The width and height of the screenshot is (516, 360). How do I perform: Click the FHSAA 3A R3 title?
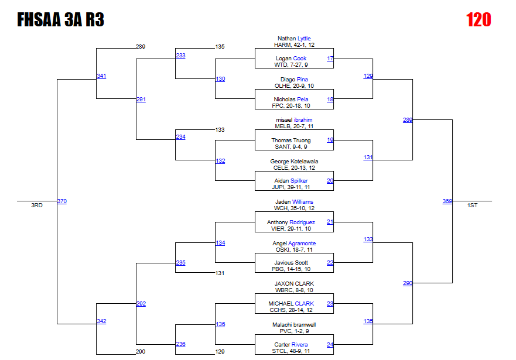coord(60,20)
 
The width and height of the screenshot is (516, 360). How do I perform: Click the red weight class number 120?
coord(479,20)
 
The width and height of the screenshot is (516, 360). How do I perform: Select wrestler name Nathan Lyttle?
coord(294,39)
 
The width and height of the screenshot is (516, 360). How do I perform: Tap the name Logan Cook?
coord(291,59)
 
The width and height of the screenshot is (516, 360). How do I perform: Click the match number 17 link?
coord(330,59)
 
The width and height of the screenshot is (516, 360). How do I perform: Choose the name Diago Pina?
coord(294,79)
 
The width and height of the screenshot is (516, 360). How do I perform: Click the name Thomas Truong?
coord(291,140)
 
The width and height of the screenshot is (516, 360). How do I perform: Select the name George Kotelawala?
coord(294,161)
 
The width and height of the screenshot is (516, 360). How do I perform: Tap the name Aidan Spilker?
coord(291,181)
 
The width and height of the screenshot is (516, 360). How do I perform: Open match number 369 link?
coord(447,201)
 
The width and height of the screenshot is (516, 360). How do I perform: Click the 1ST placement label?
coord(473,205)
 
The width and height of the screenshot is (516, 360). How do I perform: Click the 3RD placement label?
coord(37,205)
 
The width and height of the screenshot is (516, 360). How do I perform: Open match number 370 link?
coord(62,201)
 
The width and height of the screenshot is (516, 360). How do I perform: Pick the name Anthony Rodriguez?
coord(291,222)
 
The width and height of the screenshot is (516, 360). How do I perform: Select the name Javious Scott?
coord(291,263)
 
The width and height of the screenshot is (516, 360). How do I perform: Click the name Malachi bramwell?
coord(294,324)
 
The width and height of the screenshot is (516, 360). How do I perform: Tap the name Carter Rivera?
coord(291,345)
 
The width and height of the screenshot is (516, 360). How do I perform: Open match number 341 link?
coord(101,76)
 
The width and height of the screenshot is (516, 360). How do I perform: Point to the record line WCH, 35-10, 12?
coord(294,208)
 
